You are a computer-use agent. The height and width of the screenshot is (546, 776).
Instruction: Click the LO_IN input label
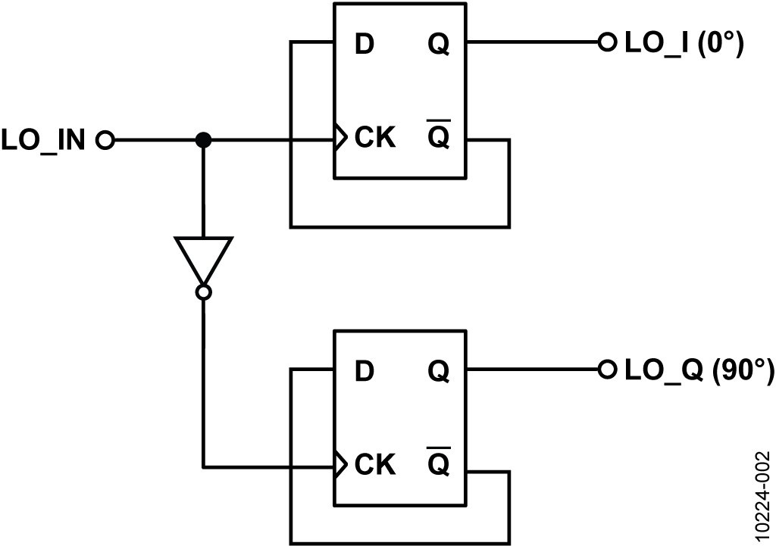point(43,140)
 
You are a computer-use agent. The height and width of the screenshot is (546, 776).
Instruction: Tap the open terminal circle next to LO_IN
point(105,140)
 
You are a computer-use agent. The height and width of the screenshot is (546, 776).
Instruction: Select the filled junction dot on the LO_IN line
point(203,140)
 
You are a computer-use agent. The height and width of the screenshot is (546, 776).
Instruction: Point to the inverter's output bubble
point(203,292)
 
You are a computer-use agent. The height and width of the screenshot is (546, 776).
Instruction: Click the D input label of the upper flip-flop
point(365,45)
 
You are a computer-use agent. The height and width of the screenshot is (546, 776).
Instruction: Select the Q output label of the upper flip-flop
point(439,45)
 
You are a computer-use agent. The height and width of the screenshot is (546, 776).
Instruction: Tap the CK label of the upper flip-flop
point(375,137)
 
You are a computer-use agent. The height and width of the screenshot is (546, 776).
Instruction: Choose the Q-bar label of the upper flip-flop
point(439,133)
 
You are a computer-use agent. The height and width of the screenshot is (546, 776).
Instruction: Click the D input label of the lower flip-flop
point(365,371)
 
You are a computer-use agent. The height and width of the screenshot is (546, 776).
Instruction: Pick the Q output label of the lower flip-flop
point(439,372)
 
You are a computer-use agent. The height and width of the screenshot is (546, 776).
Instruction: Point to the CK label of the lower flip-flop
point(375,464)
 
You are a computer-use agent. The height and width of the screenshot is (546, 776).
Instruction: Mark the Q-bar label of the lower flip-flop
point(439,460)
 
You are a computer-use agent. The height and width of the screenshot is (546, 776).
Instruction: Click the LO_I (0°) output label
point(684,43)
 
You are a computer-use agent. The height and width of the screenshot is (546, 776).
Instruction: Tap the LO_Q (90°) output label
point(699,370)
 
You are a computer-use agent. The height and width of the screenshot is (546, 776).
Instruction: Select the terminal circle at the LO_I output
point(607,42)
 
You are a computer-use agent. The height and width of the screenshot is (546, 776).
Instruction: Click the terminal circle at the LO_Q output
point(607,369)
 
